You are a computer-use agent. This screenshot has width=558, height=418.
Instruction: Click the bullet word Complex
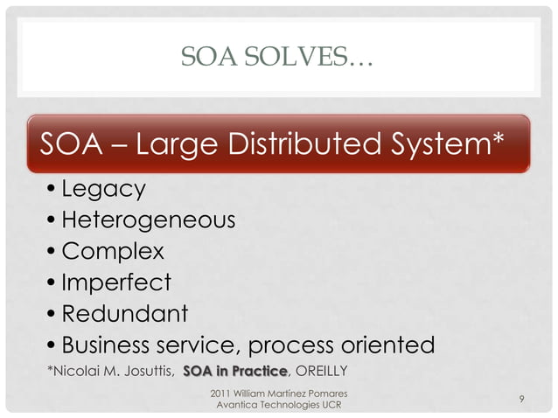pyautogui.click(x=111, y=252)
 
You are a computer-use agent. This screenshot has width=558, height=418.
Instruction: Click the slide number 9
pyautogui.click(x=521, y=400)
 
